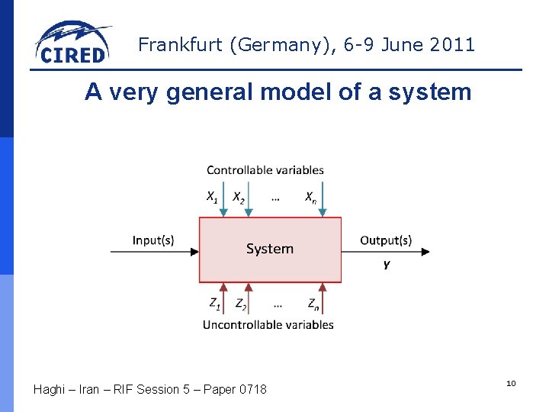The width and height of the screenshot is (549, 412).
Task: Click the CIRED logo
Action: [x=72, y=43]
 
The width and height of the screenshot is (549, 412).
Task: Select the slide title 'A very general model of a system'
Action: [x=278, y=92]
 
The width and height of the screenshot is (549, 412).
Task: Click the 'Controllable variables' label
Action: [x=265, y=170]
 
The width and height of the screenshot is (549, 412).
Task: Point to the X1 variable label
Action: [x=212, y=198]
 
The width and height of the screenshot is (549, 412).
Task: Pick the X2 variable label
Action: [x=239, y=198]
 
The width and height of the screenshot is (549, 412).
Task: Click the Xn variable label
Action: [x=311, y=198]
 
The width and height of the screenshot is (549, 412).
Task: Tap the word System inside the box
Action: [x=270, y=249]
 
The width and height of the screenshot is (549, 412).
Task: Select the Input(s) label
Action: [x=152, y=240]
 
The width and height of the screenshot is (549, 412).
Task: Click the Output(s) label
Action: [x=386, y=240]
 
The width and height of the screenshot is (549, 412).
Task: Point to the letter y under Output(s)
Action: [x=387, y=264]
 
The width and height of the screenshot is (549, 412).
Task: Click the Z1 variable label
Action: [x=215, y=304]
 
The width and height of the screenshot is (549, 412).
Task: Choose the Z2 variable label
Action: [x=241, y=304]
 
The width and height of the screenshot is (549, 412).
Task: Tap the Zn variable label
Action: [x=313, y=304]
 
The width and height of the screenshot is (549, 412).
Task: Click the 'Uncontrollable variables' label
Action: [x=268, y=325]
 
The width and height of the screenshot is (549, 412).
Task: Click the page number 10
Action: [x=511, y=383]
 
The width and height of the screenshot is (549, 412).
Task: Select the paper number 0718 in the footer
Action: [x=252, y=390]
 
